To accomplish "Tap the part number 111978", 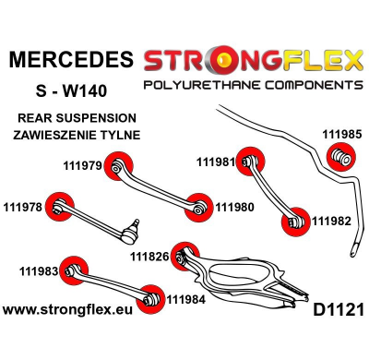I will click(25, 206).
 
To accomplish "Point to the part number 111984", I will click(188, 298).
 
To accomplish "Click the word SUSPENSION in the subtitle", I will click(101, 117).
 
